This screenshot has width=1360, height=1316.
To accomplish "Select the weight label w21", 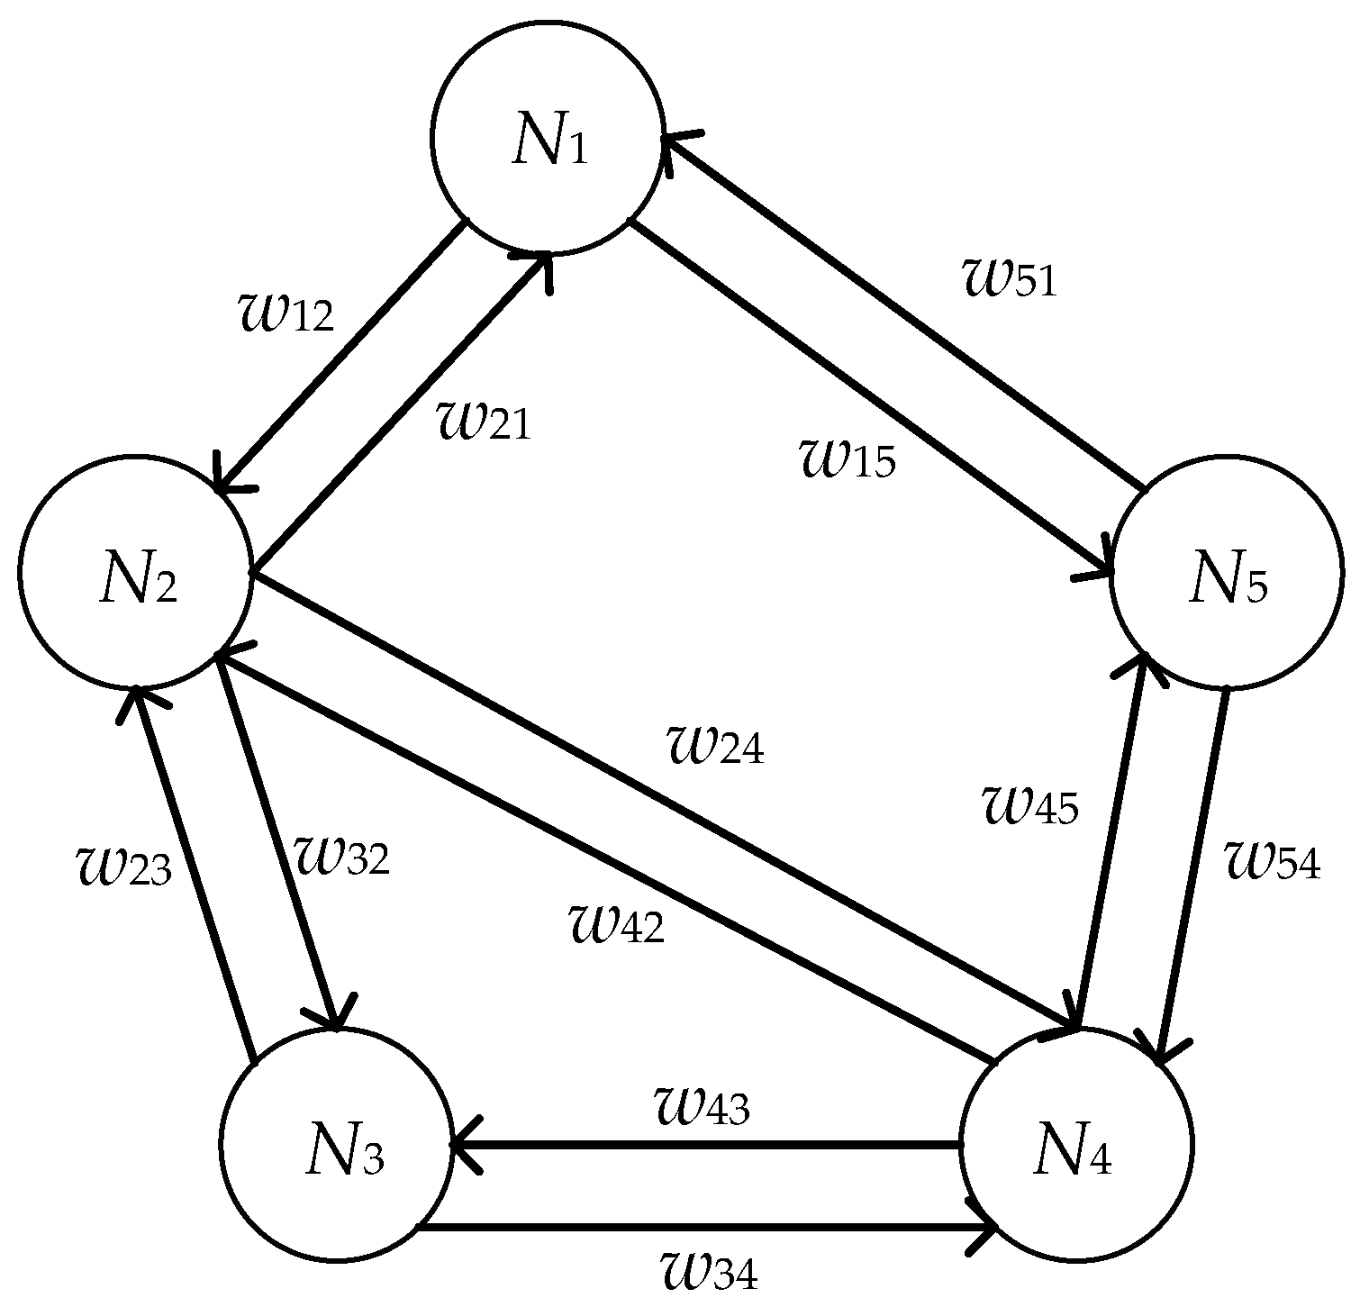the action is [484, 420].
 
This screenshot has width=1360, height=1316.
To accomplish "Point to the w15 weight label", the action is [848, 458].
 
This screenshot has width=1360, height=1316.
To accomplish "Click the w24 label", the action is [714, 743].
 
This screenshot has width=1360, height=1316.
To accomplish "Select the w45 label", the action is [1029, 803].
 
